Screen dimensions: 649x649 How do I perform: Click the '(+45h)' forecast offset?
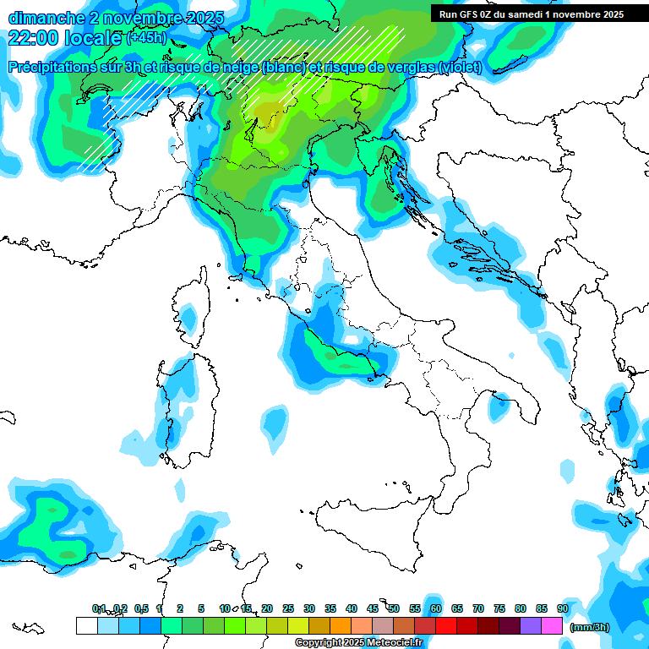coord(146,38)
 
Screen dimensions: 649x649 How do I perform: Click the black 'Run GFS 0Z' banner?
coord(531,14)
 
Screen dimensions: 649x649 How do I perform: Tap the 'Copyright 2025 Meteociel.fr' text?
coord(359,642)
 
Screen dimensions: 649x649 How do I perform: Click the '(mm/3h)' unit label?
coord(590,627)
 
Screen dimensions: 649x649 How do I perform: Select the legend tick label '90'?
coord(563,608)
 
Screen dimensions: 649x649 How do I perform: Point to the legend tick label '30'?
coord(309,608)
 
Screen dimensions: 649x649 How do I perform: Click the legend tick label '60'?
coord(436,608)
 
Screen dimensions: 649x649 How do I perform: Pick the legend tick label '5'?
coord(201,608)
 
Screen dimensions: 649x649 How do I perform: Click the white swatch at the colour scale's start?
coord(86,625)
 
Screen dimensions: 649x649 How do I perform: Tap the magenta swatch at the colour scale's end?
coord(552,625)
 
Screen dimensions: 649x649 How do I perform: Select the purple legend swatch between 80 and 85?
coord(531,625)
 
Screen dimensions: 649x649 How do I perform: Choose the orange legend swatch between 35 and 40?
coord(341,625)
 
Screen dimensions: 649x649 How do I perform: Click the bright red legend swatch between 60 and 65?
coord(446,625)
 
